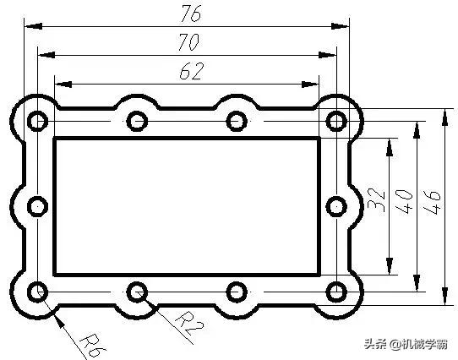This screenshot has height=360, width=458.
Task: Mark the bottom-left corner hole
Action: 37,292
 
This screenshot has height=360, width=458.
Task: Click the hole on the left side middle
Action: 37,206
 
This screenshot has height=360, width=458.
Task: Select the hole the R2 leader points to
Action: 137,292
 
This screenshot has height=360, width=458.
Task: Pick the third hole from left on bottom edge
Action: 237,292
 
